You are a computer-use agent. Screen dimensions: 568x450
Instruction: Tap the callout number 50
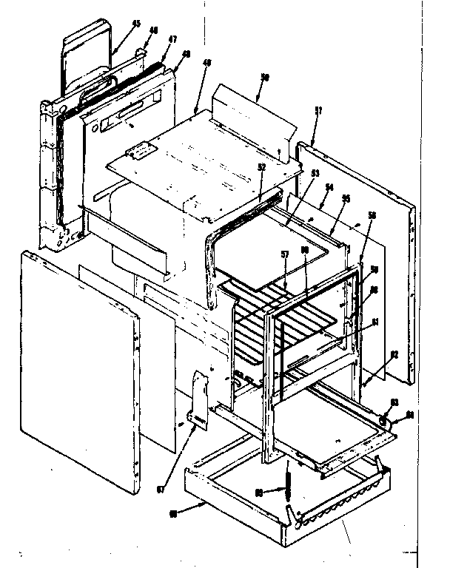(266, 78)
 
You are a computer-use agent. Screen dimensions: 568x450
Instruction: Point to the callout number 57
(284, 254)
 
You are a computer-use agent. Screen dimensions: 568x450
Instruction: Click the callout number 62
(394, 354)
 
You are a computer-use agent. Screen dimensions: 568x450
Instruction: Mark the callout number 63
(394, 403)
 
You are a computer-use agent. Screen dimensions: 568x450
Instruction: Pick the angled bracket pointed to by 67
(198, 399)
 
